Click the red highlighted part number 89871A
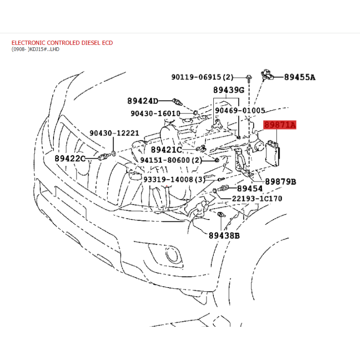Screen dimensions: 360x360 pyautogui.click(x=279, y=125)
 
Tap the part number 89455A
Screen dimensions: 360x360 pyautogui.click(x=300, y=77)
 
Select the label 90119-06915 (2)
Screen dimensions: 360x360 pyautogui.click(x=202, y=77)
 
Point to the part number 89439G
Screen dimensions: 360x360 pyautogui.click(x=229, y=90)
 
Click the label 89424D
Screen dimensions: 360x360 pyautogui.click(x=143, y=101)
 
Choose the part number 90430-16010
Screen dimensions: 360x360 pyautogui.click(x=155, y=113)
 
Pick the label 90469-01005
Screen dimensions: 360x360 pyautogui.click(x=240, y=110)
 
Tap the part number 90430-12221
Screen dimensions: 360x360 pyautogui.click(x=114, y=133)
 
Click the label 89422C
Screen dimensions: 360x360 pyautogui.click(x=70, y=158)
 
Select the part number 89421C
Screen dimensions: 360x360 pyautogui.click(x=166, y=150)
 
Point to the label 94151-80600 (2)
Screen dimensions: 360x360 pyautogui.click(x=171, y=160)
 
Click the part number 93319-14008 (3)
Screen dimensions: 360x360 pyautogui.click(x=174, y=179)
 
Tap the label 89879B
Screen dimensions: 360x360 pyautogui.click(x=280, y=182)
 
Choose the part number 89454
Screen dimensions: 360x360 pyautogui.click(x=250, y=189)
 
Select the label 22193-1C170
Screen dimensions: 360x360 pyautogui.click(x=257, y=198)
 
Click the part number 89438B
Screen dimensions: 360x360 pyautogui.click(x=224, y=235)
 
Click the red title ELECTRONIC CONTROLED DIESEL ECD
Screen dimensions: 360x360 pyautogui.click(x=62, y=43)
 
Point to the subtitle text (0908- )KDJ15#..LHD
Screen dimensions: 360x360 pyautogui.click(x=36, y=49)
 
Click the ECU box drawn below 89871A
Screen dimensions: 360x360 pyautogui.click(x=273, y=153)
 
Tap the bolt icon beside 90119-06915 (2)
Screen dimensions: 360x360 pyautogui.click(x=249, y=78)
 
